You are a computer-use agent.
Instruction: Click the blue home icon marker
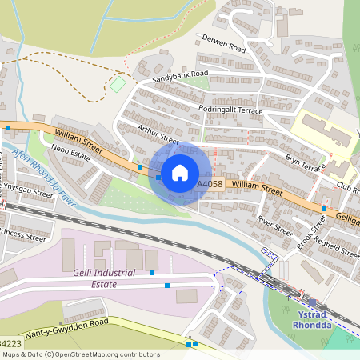[180, 172]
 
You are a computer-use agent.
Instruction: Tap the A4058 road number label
[210, 184]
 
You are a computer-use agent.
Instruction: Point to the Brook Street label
[307, 235]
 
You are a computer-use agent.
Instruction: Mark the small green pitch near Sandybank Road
[118, 83]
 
